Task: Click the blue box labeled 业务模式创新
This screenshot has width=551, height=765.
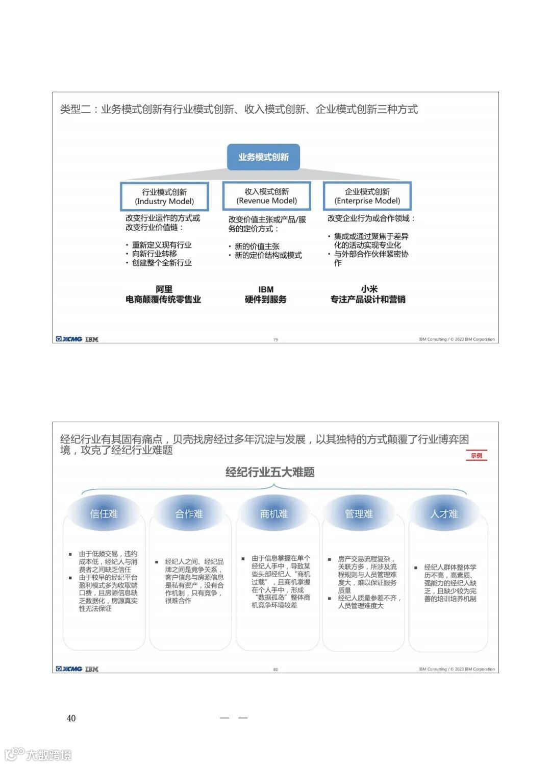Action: (263, 157)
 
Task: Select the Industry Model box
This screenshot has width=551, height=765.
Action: (164, 196)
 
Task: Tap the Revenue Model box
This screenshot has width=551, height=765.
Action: (266, 196)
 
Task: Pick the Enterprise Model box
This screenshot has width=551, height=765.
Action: (367, 196)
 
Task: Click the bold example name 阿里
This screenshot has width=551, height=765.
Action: (164, 289)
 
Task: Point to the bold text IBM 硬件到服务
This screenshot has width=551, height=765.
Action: (265, 294)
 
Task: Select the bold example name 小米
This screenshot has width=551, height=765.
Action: (369, 289)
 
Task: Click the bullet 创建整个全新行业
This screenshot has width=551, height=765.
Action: (162, 263)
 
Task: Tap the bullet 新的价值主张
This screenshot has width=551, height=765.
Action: (257, 246)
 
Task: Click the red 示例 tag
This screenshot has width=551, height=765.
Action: (477, 455)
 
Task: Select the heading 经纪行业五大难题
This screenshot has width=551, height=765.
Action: (270, 472)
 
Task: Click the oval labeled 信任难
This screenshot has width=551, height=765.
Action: (104, 513)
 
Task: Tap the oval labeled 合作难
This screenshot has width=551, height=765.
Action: (189, 513)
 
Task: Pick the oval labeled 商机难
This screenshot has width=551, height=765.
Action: (274, 513)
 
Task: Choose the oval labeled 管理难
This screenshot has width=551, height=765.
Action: (359, 513)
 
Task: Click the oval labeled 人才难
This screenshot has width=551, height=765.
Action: (444, 513)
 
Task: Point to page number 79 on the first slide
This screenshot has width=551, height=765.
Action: (275, 339)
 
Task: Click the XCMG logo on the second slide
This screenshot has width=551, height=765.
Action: (69, 669)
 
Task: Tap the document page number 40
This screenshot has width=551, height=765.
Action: (71, 718)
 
